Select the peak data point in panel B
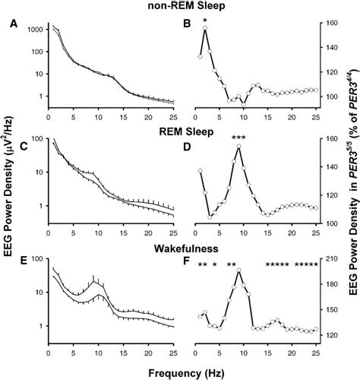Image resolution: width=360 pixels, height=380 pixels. click(205, 29)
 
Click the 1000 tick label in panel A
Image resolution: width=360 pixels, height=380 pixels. click(31, 28)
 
